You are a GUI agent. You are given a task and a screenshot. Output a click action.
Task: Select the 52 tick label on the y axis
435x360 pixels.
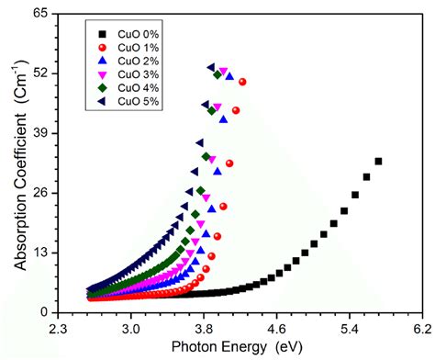pos(39,74)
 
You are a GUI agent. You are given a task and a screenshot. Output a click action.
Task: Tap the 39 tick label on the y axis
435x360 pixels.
pos(39,134)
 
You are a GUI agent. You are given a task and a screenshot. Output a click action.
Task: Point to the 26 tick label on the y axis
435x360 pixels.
pos(39,194)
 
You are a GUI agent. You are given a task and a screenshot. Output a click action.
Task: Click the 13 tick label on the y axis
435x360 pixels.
pos(39,253)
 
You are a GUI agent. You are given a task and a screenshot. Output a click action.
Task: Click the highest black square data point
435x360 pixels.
pos(378,162)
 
